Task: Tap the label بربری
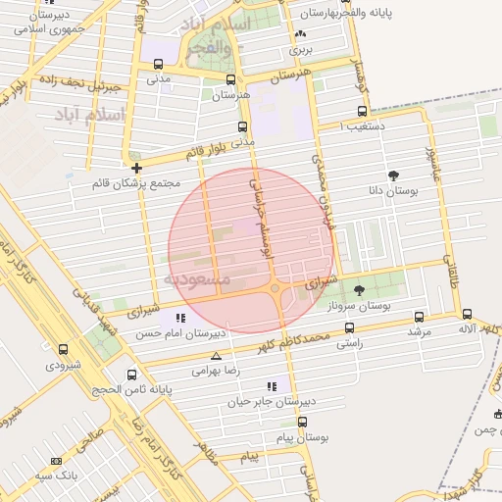[x=301, y=47]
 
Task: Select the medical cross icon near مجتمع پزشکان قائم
[x=136, y=167]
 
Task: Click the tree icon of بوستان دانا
[x=394, y=176]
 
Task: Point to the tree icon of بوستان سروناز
[x=358, y=290]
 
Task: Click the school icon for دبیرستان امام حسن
[x=179, y=318]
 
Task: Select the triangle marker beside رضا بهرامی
[x=216, y=355]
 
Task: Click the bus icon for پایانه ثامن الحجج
[x=132, y=374]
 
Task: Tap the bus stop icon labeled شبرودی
[x=64, y=349]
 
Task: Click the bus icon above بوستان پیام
[x=302, y=421]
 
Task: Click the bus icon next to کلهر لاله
[x=467, y=315]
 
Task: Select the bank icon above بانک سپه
[x=56, y=460]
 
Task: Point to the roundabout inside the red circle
[x=276, y=288]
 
